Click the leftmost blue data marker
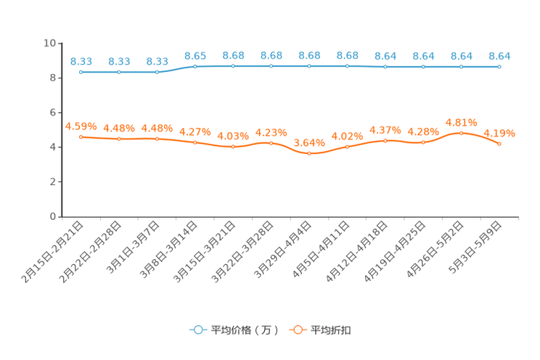pyautogui.click(x=81, y=72)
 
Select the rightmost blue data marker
pyautogui.click(x=499, y=66)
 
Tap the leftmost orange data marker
pyautogui.click(x=81, y=136)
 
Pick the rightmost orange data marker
pyautogui.click(x=499, y=144)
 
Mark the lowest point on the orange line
pyautogui.click(x=309, y=154)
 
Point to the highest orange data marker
pyautogui.click(x=461, y=133)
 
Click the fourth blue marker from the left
pyautogui.click(x=195, y=67)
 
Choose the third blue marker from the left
pyautogui.click(x=157, y=71)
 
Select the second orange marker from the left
pyautogui.click(x=119, y=139)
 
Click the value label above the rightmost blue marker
pyautogui.click(x=499, y=55)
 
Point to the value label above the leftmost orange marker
pyautogui.click(x=81, y=126)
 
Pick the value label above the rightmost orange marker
pyautogui.click(x=499, y=133)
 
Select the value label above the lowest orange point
pyautogui.click(x=309, y=142)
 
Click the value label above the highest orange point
pyautogui.click(x=461, y=122)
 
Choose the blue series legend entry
pyautogui.click(x=232, y=330)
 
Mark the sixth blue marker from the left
pyautogui.click(x=271, y=66)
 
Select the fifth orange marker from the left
pyautogui.click(x=233, y=147)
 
